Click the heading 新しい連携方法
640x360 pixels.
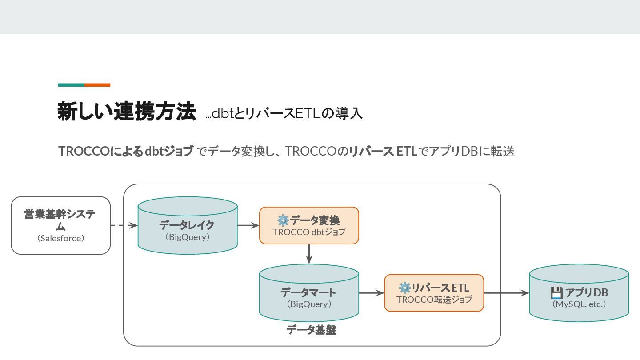coord(127,112)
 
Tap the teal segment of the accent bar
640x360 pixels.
coord(71,84)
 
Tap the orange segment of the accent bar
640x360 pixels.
coord(97,84)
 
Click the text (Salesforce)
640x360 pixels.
coord(60,238)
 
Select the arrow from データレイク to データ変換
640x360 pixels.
coord(248,226)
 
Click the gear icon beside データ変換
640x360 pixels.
coord(283,220)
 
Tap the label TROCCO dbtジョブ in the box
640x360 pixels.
coord(309,232)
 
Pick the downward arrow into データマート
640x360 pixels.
coord(309,254)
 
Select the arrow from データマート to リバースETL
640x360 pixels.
coord(371,293)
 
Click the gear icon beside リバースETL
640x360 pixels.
coord(404,288)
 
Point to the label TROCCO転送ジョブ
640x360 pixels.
coord(434,300)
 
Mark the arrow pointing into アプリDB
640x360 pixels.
coord(506,293)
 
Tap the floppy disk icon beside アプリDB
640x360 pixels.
coord(556,293)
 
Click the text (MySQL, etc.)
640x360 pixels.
coord(579,304)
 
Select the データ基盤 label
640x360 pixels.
coord(311,330)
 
